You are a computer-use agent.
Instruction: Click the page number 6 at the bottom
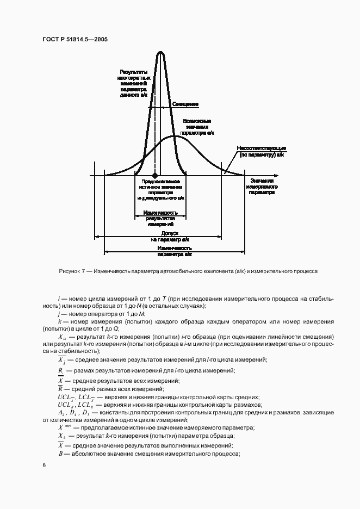coord(44,465)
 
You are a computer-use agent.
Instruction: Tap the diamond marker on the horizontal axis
coord(155,176)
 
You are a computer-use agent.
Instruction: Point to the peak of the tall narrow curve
coord(160,52)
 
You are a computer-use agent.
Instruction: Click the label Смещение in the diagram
coord(185,104)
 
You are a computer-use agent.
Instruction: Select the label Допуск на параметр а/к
coord(170,236)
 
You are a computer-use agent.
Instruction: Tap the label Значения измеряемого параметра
coord(262,186)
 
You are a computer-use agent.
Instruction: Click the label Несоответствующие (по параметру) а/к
coord(261,151)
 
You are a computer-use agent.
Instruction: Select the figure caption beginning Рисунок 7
coord(188,270)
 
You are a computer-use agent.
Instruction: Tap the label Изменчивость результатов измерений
coord(160,218)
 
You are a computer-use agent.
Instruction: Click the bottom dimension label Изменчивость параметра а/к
coord(174,251)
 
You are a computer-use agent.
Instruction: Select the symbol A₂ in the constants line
coord(61,413)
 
